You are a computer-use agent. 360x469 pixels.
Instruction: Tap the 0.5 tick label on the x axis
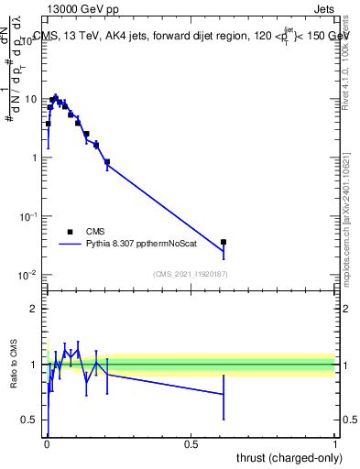pos(191,442)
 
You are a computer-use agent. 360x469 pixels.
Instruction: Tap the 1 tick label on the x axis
pos(335,442)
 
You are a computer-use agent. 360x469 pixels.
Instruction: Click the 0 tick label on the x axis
pos(47,442)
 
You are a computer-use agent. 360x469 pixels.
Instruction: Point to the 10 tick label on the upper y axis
pos(31,99)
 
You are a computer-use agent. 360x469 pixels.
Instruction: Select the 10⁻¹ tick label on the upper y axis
pos(28,216)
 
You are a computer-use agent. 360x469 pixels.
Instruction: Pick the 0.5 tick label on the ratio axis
pos(30,420)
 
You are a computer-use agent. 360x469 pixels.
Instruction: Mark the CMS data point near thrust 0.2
pos(107,162)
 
